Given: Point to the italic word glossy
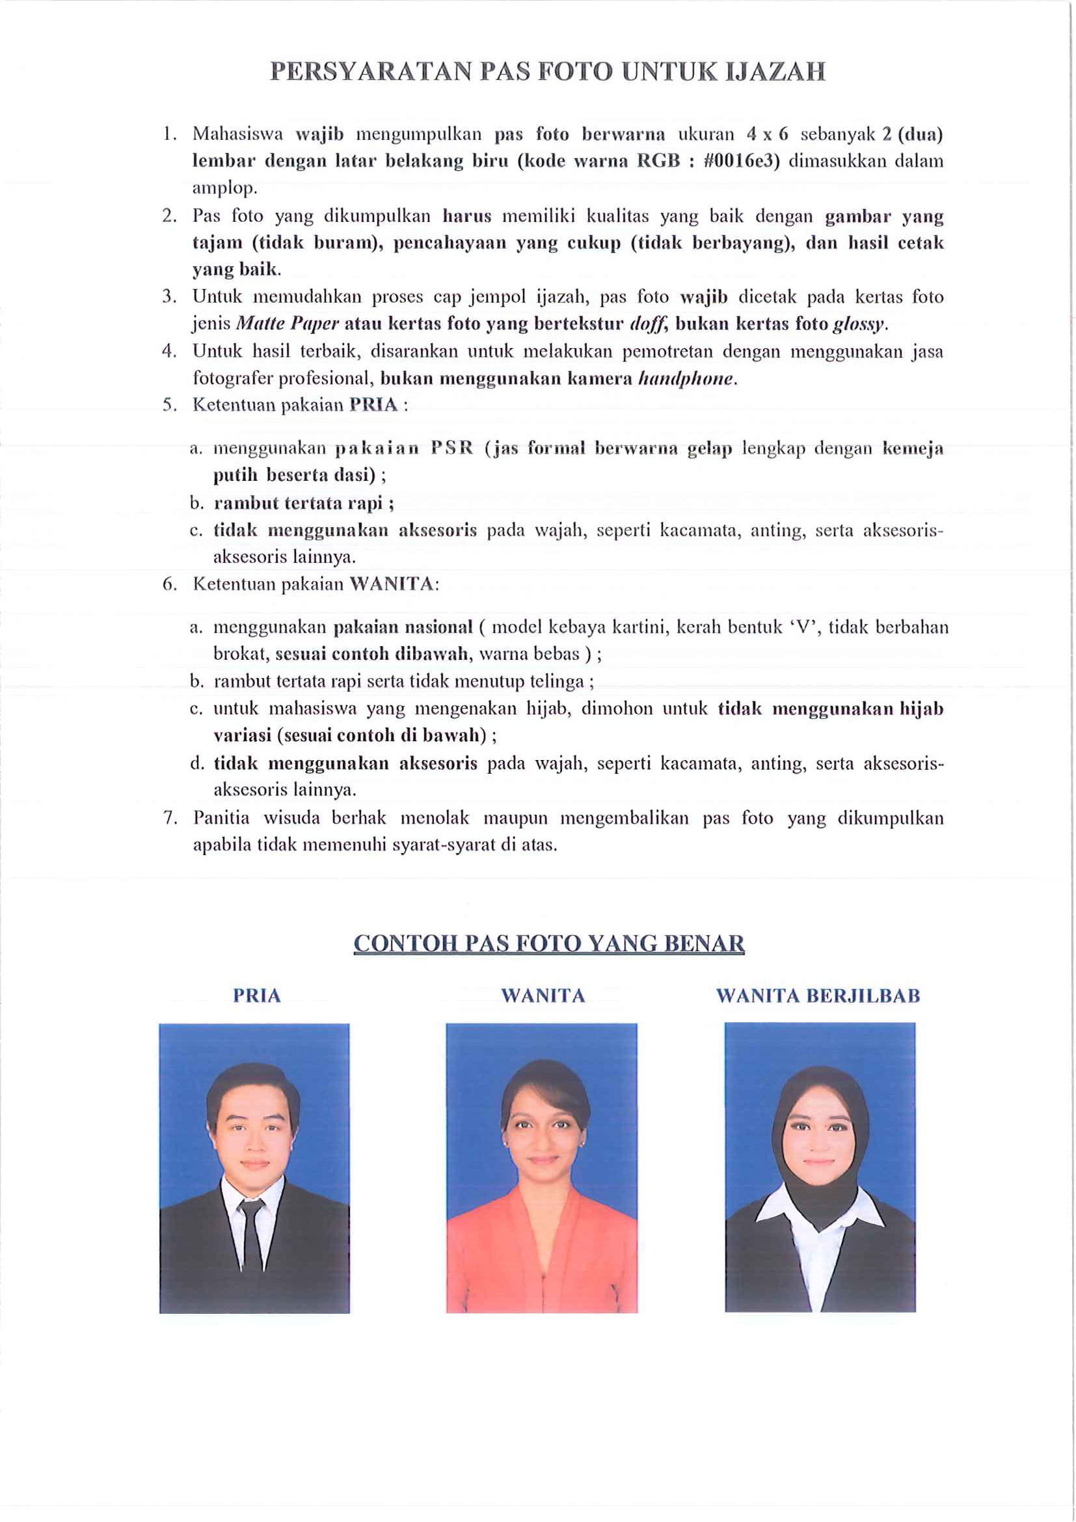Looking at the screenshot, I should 859,324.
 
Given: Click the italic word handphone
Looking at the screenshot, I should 686,379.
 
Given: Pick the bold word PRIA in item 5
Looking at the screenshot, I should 373,405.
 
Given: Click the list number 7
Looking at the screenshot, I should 170,818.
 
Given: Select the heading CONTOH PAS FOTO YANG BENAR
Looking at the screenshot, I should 548,944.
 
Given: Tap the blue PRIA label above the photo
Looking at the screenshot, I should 256,996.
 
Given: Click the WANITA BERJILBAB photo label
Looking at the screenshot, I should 818,996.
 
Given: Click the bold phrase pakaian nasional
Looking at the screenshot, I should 403,627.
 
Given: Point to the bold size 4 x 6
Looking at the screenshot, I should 767,134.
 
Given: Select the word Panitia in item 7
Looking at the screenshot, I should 221,818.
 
